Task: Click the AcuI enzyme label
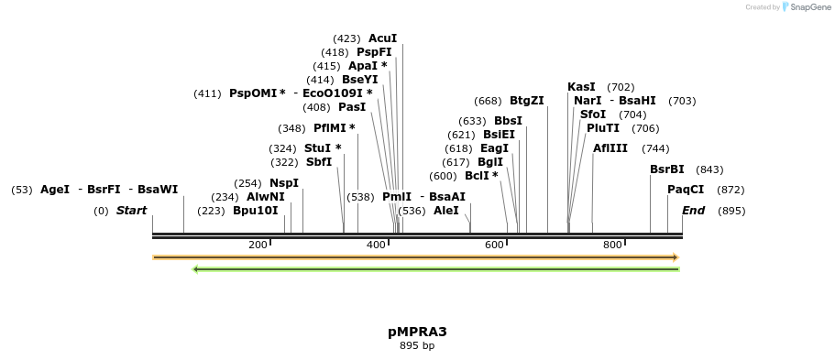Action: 382,38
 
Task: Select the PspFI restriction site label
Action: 374,52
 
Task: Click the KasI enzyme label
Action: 581,87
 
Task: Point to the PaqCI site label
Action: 686,190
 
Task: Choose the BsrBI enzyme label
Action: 666,169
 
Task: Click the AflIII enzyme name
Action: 610,148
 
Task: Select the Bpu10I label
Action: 255,211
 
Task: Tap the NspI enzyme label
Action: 284,183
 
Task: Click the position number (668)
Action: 488,101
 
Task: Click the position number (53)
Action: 22,190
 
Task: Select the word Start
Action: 131,211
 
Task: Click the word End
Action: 694,211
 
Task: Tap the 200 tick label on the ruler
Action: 258,245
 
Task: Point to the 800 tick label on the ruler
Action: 611,245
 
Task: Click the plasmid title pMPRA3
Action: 417,332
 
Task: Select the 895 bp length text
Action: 417,346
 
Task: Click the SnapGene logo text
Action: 809,7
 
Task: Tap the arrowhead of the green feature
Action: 196,269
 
